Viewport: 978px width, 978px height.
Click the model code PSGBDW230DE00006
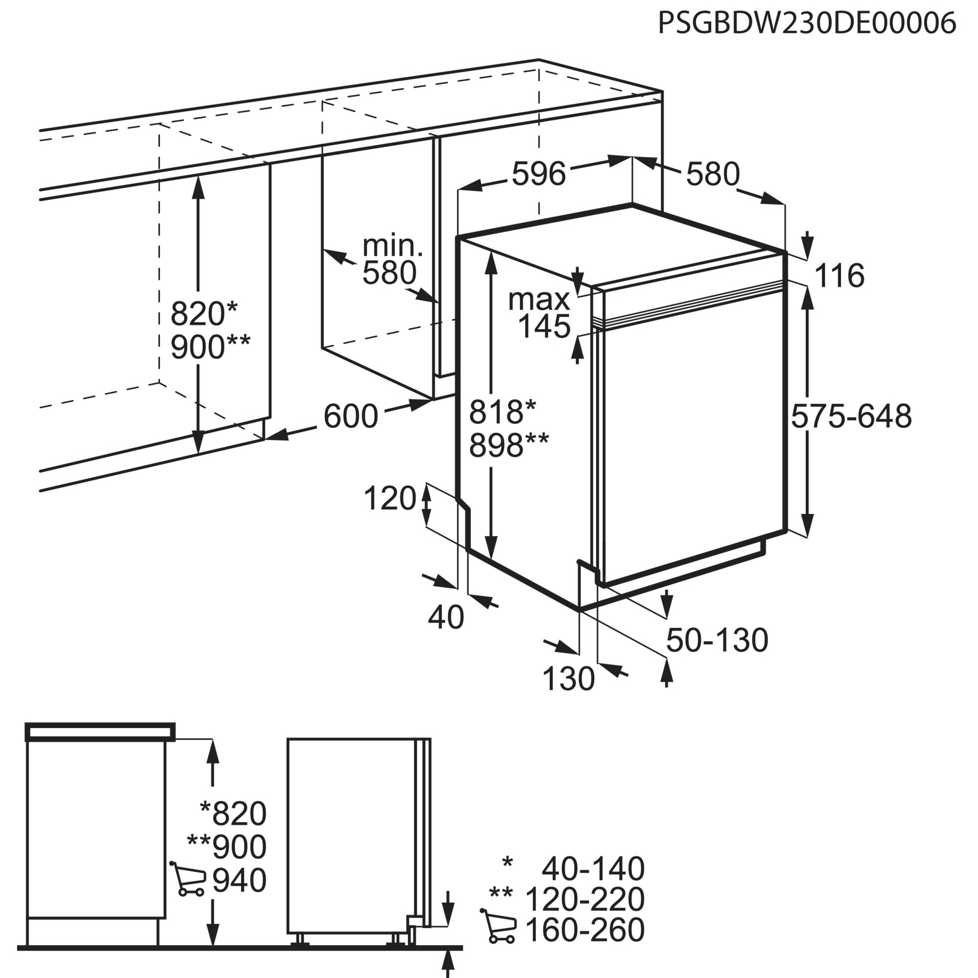[807, 23]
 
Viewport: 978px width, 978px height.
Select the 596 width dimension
[538, 174]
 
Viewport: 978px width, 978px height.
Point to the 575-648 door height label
[851, 416]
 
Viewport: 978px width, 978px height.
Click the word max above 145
[539, 300]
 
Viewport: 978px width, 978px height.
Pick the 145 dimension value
[545, 326]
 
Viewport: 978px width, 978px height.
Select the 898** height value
[509, 445]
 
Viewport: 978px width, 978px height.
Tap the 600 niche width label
[351, 416]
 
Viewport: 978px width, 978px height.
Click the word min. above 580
[392, 246]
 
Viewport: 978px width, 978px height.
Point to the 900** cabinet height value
[210, 347]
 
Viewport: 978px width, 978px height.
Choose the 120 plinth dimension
[390, 498]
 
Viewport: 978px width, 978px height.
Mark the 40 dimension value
[446, 617]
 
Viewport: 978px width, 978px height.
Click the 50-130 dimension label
[717, 640]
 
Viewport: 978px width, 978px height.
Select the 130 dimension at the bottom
[569, 678]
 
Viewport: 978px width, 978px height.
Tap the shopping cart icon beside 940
[187, 879]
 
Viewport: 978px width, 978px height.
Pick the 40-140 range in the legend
[593, 868]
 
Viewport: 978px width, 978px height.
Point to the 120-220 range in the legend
[585, 899]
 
